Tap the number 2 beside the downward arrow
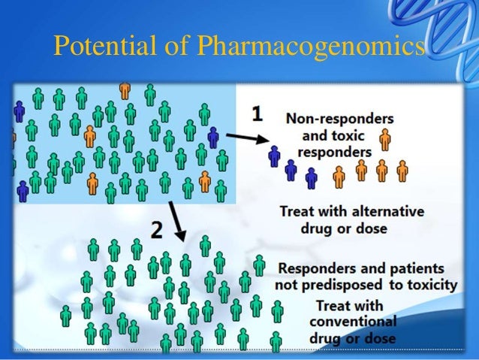(x=156, y=229)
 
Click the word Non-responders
(x=339, y=119)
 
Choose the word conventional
(x=353, y=322)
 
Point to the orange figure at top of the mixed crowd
(x=125, y=89)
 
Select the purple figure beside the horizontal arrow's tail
(x=214, y=138)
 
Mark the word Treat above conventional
(x=336, y=305)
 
